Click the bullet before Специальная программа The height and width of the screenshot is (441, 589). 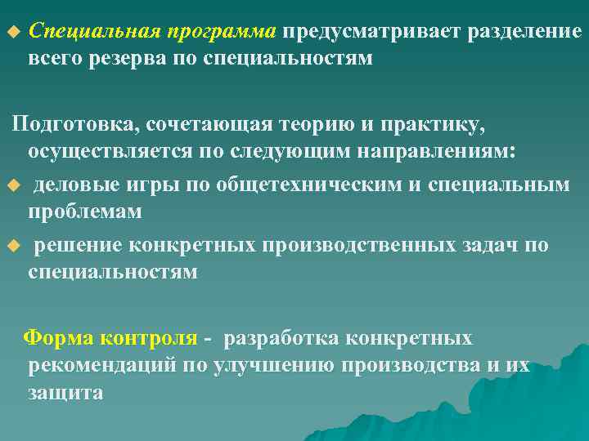click(11, 33)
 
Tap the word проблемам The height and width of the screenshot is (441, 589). click(85, 212)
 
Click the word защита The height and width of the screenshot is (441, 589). click(65, 392)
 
